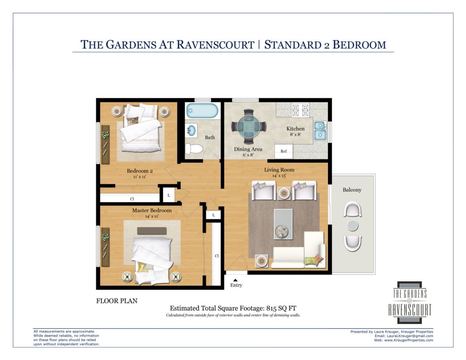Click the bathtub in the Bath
pyautogui.click(x=202, y=110)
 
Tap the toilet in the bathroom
pyautogui.click(x=193, y=149)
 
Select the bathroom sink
pyautogui.click(x=191, y=131)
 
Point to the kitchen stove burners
pyautogui.click(x=301, y=110)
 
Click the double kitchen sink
pyautogui.click(x=320, y=131)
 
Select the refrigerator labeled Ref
pyautogui.click(x=283, y=150)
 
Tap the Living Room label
pyautogui.click(x=279, y=170)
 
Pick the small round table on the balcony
pyautogui.click(x=353, y=225)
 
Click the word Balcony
pyautogui.click(x=352, y=190)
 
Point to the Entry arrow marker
pyautogui.click(x=235, y=280)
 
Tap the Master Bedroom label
pyautogui.click(x=152, y=210)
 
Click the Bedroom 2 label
pyautogui.click(x=140, y=171)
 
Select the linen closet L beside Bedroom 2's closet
pyautogui.click(x=169, y=195)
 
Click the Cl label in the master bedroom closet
pyautogui.click(x=217, y=256)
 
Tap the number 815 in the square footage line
pyautogui.click(x=271, y=308)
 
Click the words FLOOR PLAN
pyautogui.click(x=117, y=301)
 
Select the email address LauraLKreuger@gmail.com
pyautogui.click(x=410, y=336)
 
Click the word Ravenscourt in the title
pyautogui.click(x=215, y=45)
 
